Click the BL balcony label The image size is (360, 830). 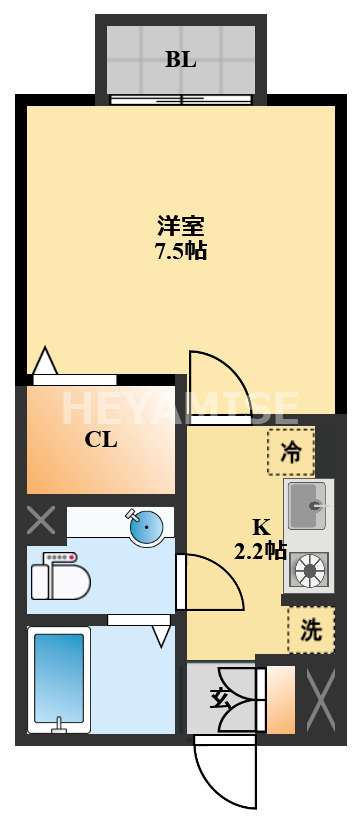click(x=181, y=59)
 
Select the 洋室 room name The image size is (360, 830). click(x=181, y=225)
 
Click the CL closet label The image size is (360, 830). click(x=100, y=439)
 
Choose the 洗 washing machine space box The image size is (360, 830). click(x=310, y=630)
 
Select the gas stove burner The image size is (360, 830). click(x=309, y=570)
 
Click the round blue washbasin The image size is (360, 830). click(x=145, y=527)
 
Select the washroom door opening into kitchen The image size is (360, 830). click(x=210, y=582)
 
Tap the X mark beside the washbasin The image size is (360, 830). click(x=41, y=520)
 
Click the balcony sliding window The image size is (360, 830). click(x=181, y=99)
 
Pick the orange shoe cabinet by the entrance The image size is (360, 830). click(x=281, y=699)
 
